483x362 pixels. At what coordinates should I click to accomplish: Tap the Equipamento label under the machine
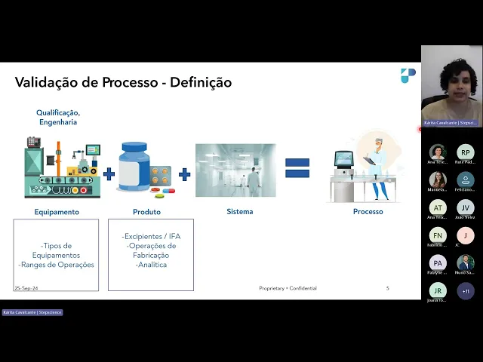click(57, 212)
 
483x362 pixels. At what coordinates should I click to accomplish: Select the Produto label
click(146, 212)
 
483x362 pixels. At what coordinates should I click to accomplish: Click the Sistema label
click(240, 212)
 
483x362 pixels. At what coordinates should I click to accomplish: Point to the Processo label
click(368, 212)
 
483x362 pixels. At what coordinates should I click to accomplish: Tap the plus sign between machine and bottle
click(109, 174)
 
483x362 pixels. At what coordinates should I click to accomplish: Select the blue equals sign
click(297, 168)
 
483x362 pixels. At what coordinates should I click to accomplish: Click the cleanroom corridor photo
click(235, 170)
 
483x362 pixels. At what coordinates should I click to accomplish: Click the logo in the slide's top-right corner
click(408, 75)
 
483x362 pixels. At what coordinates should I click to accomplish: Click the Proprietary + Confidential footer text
click(288, 288)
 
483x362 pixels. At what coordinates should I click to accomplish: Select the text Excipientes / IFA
click(151, 236)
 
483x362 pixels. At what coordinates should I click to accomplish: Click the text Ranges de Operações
click(57, 265)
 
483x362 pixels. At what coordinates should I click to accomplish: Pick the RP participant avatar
click(466, 152)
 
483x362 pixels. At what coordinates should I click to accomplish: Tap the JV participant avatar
click(466, 207)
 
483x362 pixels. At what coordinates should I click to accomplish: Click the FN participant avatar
click(438, 235)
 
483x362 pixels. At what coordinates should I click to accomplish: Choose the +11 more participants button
click(466, 291)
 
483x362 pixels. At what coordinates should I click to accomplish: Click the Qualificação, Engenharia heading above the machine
click(57, 117)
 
